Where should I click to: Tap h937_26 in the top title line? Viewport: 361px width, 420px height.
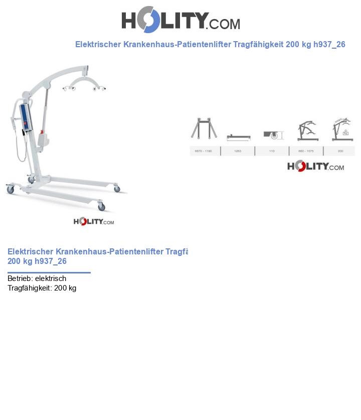(329, 44)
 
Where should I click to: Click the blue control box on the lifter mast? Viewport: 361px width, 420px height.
(26, 117)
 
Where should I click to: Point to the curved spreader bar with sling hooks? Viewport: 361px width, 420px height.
(84, 82)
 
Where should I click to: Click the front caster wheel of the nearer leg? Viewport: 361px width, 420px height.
(101, 207)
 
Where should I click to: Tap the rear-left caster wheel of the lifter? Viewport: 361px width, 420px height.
(10, 190)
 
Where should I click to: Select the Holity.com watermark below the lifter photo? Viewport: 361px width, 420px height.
(94, 221)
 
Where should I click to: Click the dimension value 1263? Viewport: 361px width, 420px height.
(238, 151)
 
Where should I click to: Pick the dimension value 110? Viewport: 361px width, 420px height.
(272, 151)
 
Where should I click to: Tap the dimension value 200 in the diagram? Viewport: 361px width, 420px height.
(340, 151)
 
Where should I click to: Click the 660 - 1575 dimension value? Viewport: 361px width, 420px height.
(306, 151)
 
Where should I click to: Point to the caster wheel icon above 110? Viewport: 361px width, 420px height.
(273, 135)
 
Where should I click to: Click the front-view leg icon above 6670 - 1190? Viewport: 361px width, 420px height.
(204, 128)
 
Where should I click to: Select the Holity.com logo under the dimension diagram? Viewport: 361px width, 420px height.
(315, 166)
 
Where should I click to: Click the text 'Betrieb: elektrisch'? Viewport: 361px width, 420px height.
(37, 278)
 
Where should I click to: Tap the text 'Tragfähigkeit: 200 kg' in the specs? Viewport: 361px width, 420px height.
(42, 288)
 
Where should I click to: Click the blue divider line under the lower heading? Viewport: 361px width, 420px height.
(49, 273)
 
